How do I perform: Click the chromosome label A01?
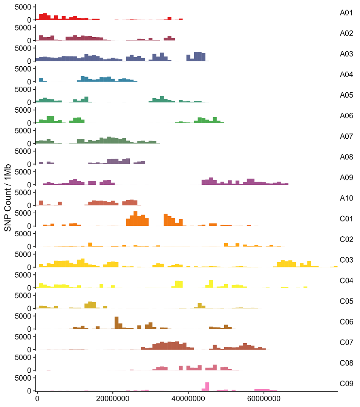coord(346,13)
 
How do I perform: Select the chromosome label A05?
coord(346,95)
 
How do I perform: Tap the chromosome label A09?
coord(346,177)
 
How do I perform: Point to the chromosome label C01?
coord(346,219)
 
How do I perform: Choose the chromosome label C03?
coord(346,260)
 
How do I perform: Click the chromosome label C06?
coord(346,322)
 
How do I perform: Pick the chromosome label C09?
coord(346,384)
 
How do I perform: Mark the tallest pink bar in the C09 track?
coord(207,387)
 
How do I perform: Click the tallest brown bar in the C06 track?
coord(116,323)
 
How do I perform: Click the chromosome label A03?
coord(346,54)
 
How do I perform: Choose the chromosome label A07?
coord(346,136)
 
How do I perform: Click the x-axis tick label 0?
coord(37,399)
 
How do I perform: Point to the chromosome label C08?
coord(346,363)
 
